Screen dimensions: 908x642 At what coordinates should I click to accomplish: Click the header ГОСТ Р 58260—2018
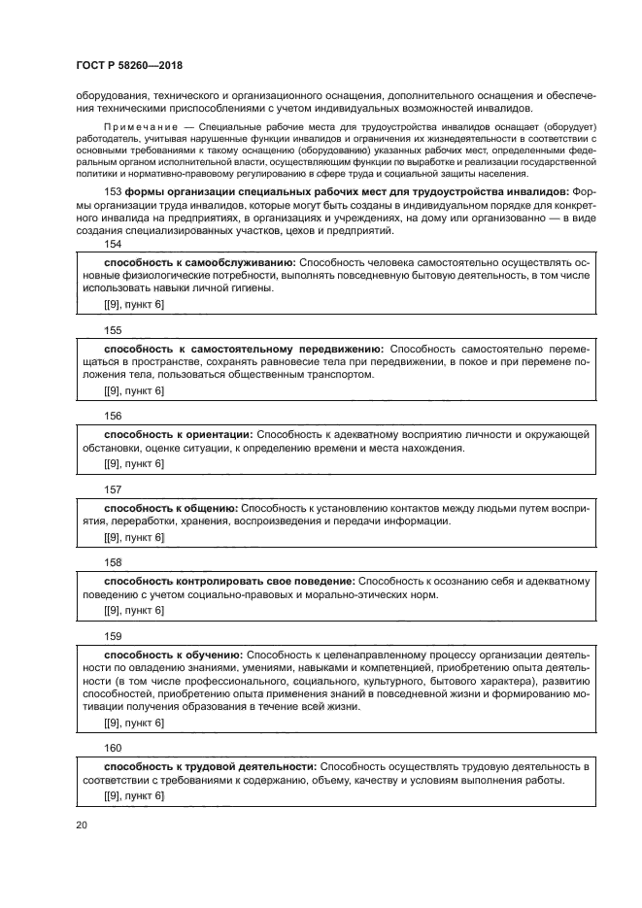tap(129, 66)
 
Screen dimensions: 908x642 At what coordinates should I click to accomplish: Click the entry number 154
tap(113, 247)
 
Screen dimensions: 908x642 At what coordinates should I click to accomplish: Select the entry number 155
tap(113, 330)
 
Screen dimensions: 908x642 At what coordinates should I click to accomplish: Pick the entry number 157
tap(113, 488)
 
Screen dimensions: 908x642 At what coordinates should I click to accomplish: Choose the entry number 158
tap(113, 561)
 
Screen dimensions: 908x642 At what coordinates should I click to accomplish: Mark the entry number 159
tap(113, 636)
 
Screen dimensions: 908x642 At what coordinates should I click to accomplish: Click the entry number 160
tap(113, 747)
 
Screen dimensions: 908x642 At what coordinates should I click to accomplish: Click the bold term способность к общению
tap(171, 507)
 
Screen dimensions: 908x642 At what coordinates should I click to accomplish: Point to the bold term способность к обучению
tap(173, 655)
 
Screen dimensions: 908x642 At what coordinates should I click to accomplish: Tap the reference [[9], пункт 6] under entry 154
tap(134, 305)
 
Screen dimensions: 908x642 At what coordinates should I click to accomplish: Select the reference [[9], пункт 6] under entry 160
tap(134, 795)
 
